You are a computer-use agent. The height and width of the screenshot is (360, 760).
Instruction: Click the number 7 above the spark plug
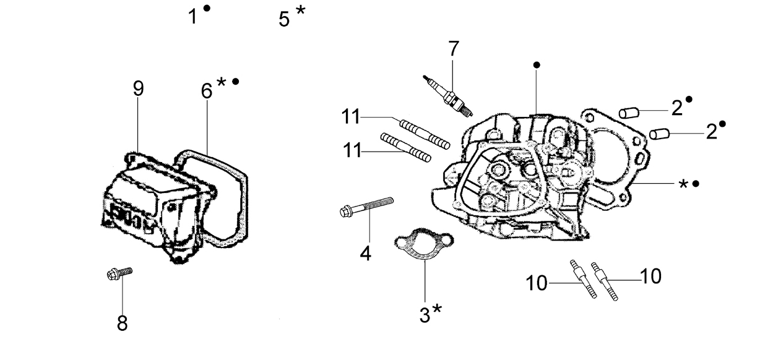click(x=454, y=49)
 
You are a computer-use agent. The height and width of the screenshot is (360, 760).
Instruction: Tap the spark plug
click(x=447, y=96)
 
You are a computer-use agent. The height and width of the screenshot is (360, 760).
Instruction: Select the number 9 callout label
click(x=138, y=88)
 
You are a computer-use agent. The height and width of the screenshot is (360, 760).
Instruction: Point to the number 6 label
click(x=207, y=91)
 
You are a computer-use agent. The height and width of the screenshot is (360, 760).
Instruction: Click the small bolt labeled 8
click(x=119, y=273)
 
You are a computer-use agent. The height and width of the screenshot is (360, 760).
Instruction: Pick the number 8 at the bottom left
click(x=122, y=323)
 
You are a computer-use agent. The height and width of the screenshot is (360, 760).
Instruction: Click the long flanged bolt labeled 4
click(x=366, y=206)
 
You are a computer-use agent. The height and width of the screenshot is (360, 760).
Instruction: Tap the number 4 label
click(x=365, y=253)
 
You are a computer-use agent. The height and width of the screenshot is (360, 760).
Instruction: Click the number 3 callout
click(x=425, y=315)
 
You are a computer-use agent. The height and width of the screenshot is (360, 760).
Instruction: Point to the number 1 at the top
click(x=192, y=17)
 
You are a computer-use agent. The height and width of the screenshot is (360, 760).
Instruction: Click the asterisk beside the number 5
click(x=300, y=11)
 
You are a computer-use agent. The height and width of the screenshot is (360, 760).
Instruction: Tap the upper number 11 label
click(x=350, y=117)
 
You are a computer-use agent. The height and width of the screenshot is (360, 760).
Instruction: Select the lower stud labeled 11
click(x=406, y=147)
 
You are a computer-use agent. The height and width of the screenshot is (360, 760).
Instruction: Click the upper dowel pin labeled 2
click(x=629, y=112)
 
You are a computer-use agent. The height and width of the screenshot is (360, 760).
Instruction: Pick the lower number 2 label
click(x=712, y=131)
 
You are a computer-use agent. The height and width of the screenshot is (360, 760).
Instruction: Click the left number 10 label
click(x=537, y=283)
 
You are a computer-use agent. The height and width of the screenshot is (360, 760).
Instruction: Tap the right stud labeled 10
click(x=604, y=281)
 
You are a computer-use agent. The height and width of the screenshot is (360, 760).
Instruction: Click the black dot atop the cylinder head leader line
click(x=537, y=65)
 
